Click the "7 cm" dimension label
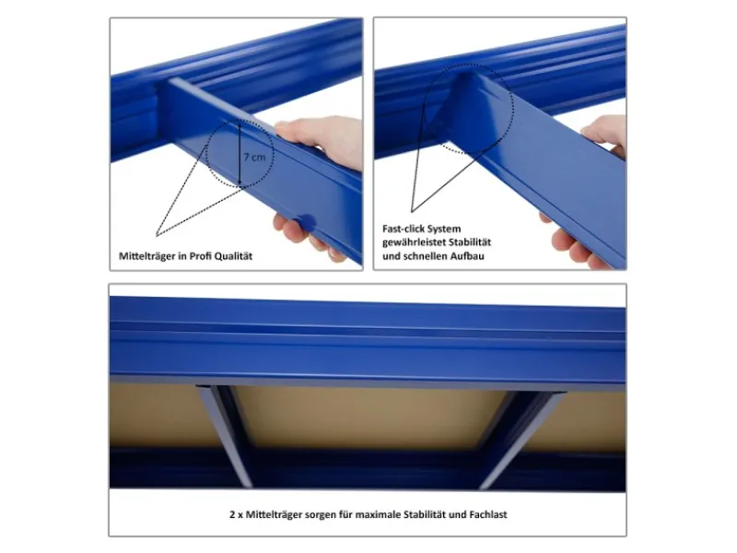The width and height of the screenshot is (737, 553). (254, 157)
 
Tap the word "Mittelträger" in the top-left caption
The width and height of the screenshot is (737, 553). (147, 256)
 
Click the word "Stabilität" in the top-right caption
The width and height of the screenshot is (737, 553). (470, 242)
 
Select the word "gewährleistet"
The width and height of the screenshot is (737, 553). (414, 242)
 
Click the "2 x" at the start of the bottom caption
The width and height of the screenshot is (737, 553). (236, 514)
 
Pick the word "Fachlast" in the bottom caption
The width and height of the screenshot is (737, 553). (488, 514)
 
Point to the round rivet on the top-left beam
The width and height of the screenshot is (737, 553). (307, 220)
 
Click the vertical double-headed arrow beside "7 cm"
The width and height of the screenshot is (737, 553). (240, 153)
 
